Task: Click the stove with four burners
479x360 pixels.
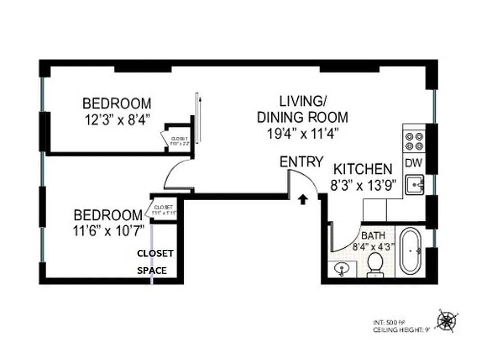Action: (x=415, y=141)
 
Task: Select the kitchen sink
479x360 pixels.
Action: (x=414, y=184)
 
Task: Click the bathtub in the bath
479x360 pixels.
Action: (x=411, y=251)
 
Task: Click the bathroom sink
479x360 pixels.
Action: (x=343, y=269)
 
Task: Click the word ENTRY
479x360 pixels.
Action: (x=301, y=162)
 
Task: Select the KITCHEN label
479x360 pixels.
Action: (x=362, y=169)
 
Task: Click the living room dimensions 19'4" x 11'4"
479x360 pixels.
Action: (x=302, y=133)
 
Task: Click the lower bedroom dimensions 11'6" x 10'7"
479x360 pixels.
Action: (x=108, y=230)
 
